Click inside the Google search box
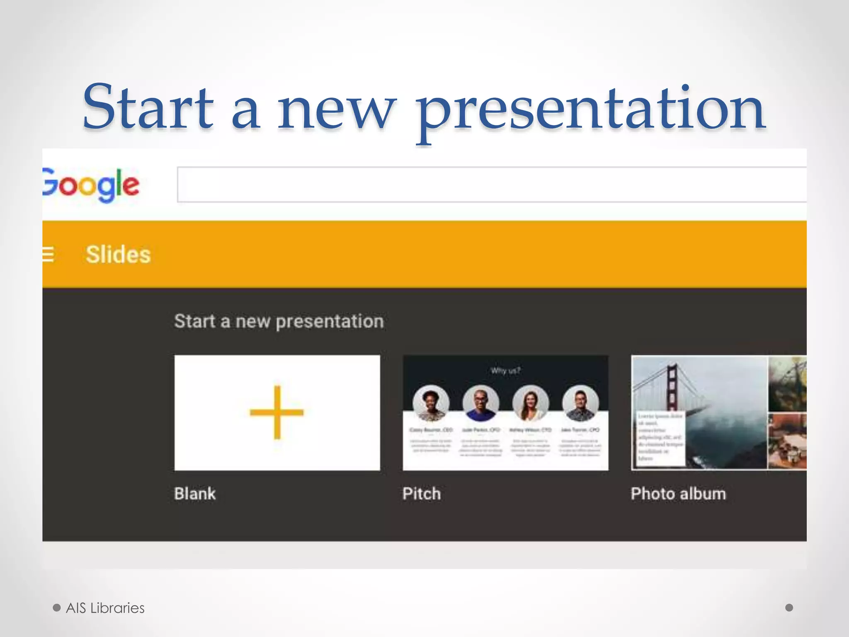coord(489,185)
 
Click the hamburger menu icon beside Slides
coord(48,254)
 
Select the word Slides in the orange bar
coord(118,254)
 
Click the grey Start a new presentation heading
coord(279,321)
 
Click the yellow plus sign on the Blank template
coord(277,412)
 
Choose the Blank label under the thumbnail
coord(195,494)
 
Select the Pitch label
coord(421,494)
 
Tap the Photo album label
coord(678,494)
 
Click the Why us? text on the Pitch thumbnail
coord(505,371)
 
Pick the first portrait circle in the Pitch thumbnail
coord(431,403)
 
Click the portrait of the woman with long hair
coord(531,403)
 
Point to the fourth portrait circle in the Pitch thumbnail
coord(580,403)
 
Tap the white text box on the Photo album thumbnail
coord(660,438)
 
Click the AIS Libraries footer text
coord(105,608)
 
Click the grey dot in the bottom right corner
coord(789,608)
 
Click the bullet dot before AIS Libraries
coord(57,608)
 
